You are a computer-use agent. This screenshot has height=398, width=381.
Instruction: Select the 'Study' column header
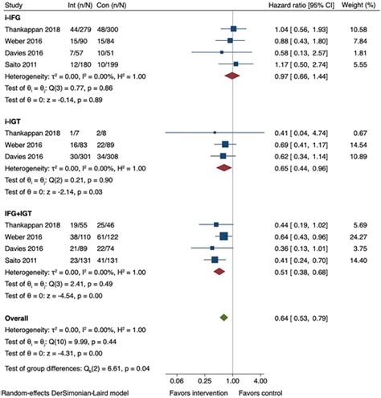point(14,5)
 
